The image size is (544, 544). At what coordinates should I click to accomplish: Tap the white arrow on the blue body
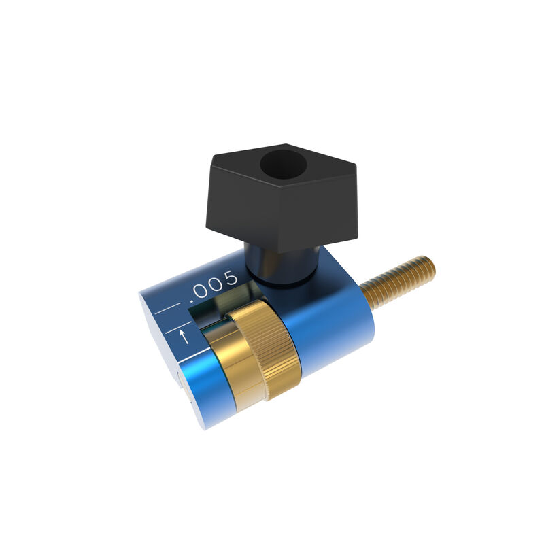(183, 336)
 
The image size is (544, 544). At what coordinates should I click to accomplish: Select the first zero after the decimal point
(202, 290)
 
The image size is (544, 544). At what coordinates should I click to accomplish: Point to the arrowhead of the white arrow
(183, 331)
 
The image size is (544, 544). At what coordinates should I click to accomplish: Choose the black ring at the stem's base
(283, 279)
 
